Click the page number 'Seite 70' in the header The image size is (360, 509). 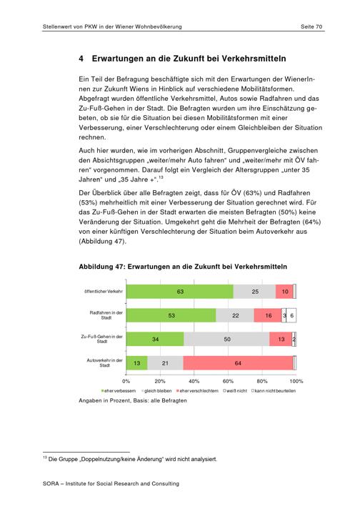(311, 26)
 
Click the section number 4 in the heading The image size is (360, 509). (81, 59)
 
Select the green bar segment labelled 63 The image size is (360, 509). (180, 292)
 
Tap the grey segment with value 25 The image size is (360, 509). (254, 292)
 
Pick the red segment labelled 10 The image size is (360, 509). (284, 292)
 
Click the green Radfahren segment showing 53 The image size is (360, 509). (171, 315)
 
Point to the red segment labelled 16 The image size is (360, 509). (268, 315)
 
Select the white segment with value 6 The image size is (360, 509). (291, 315)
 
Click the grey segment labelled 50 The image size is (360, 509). (226, 340)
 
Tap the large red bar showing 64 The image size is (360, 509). (238, 363)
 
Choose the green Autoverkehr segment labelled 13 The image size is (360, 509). (137, 363)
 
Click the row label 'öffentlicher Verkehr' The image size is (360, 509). (104, 292)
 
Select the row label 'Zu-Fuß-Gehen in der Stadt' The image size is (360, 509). (102, 339)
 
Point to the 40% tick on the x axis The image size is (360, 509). (194, 381)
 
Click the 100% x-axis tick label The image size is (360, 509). (296, 381)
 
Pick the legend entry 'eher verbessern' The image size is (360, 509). (119, 391)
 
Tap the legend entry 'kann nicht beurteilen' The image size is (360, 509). (274, 391)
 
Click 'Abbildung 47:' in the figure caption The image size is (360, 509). (101, 267)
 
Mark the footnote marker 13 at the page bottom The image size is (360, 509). (44, 458)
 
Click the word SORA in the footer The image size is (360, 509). (51, 484)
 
